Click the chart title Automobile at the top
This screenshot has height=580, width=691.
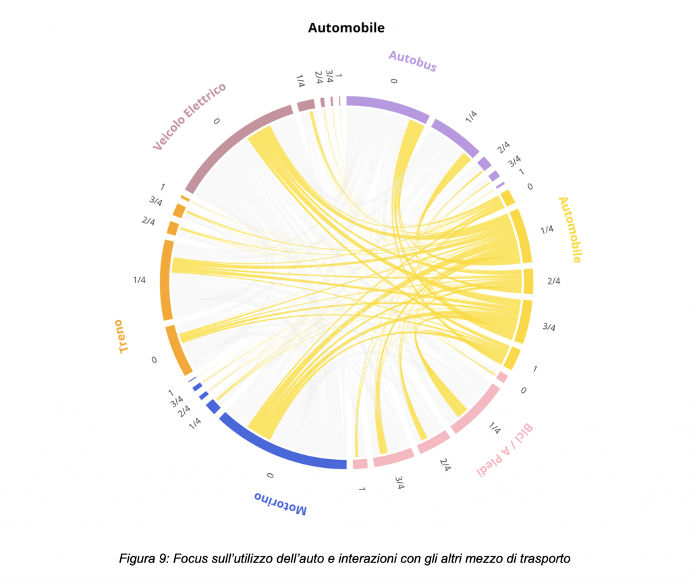pos(346,28)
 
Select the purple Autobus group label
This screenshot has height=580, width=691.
pos(412,61)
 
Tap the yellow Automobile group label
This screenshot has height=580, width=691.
pos(570,230)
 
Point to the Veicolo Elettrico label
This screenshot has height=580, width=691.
pos(188,116)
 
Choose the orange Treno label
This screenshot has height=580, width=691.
pos(123,336)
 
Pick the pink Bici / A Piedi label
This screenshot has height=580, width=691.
pos(506,450)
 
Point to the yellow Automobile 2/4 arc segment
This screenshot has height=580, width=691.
pos(528,281)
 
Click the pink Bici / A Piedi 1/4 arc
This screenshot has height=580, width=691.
pos(476,409)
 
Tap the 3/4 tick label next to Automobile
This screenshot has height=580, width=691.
pos(549,327)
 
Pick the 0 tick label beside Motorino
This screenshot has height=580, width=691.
pos(270,476)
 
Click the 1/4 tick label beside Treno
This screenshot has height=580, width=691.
pos(140,280)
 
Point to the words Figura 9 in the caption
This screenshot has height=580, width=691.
pos(144,558)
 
